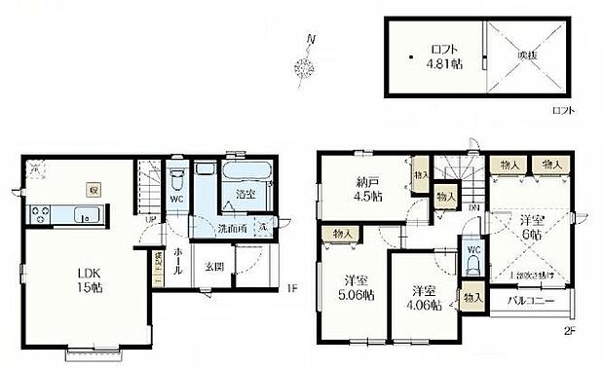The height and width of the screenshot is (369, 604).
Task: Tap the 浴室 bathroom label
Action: point(245,195)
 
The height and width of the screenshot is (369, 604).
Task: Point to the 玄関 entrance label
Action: point(214,265)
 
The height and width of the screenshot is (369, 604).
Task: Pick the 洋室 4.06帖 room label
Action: point(423,297)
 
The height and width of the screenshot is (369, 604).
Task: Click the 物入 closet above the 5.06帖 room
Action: point(343,234)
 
